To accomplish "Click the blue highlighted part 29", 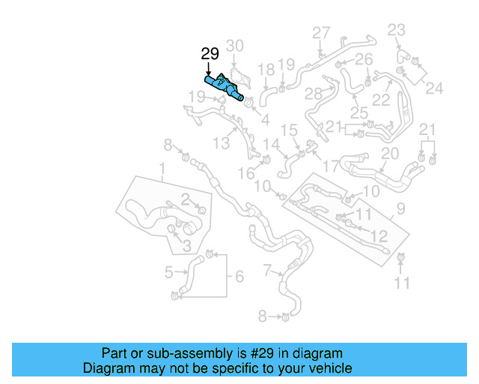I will [223, 85].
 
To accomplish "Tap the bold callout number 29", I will [210, 54].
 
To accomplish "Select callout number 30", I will [234, 46].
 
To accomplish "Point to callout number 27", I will [320, 32].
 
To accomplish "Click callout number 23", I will [396, 30].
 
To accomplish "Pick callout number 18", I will [266, 70].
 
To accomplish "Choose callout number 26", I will [363, 59].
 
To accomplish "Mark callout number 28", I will [313, 93].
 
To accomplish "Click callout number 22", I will [382, 99].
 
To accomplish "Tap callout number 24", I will [434, 88].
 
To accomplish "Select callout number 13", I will [221, 143].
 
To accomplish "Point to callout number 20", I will [389, 154].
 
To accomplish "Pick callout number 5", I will [168, 271].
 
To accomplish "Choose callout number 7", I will [267, 269].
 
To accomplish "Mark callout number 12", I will [379, 236].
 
